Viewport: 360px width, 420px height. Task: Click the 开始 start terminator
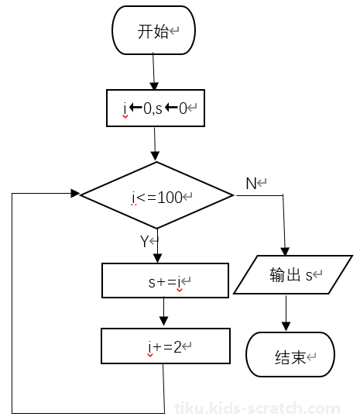tap(153, 30)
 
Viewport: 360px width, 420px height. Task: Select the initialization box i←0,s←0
tap(156, 108)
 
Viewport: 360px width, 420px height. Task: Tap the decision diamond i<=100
tap(157, 195)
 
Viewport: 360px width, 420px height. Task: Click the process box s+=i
tap(165, 281)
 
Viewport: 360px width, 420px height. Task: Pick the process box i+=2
tap(166, 346)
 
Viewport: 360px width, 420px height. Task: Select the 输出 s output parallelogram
tap(293, 274)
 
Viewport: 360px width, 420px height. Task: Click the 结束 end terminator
tap(290, 354)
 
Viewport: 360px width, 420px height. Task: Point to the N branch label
tap(252, 184)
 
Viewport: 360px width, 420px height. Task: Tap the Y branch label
tap(144, 242)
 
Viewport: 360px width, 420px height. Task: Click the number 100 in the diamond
tap(170, 198)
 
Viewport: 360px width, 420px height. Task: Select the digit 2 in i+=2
tap(177, 347)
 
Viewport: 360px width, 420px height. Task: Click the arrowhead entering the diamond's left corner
tap(75, 193)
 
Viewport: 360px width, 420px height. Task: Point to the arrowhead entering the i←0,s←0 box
tap(154, 86)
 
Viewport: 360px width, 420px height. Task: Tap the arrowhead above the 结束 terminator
tap(286, 326)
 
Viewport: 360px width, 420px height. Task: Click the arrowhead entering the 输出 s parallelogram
tap(285, 251)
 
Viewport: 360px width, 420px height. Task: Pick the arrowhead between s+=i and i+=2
tap(163, 321)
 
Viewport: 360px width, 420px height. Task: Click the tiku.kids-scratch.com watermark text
tap(257, 408)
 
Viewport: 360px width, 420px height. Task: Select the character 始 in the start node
tap(161, 32)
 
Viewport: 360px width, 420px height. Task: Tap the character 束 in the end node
tap(298, 357)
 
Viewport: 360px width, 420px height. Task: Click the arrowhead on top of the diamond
tap(155, 157)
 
